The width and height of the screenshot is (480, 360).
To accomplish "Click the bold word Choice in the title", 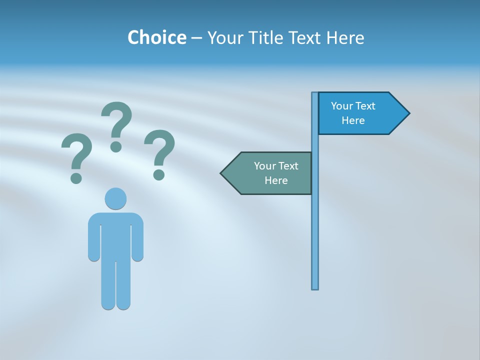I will [156, 37].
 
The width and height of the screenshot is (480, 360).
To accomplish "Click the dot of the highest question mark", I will [116, 146].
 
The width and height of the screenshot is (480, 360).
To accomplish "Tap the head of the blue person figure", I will [115, 199].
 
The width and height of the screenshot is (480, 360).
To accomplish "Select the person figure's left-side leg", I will [108, 285].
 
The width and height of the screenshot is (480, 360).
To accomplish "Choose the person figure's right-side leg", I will [123, 285].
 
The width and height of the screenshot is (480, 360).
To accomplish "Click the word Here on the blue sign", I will [353, 120].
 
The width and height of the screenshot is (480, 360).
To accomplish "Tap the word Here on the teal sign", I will [276, 180].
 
